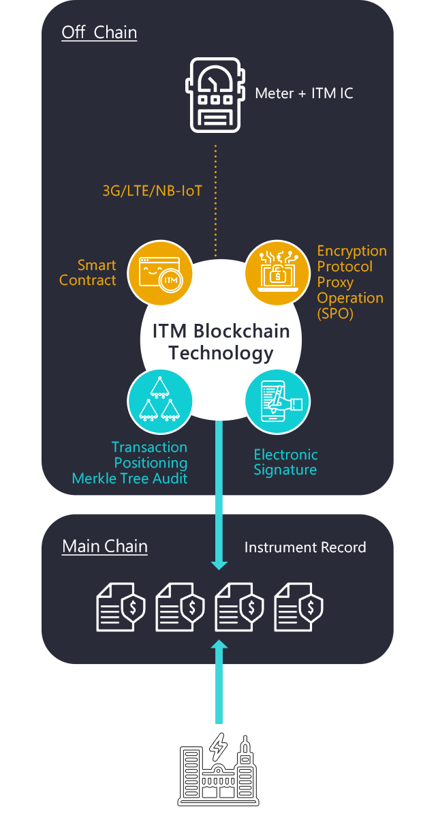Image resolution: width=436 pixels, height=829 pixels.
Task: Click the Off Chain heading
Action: tap(99, 33)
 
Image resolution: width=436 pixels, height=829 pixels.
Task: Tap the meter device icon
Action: tap(215, 95)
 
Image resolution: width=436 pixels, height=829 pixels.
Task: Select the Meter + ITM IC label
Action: tap(304, 93)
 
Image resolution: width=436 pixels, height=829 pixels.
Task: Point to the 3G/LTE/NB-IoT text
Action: tap(152, 191)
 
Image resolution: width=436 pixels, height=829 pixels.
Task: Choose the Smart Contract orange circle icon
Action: tap(159, 273)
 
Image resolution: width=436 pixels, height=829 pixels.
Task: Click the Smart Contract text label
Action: tap(88, 273)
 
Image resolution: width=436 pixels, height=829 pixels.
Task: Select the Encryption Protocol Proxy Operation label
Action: tap(351, 282)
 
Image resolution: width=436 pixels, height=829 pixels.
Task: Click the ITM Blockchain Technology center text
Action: tap(221, 342)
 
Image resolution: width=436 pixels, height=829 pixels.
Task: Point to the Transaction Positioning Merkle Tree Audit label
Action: tap(130, 462)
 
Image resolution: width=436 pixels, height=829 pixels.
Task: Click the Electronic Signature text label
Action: tap(285, 462)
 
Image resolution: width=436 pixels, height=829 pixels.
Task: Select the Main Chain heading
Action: tap(105, 546)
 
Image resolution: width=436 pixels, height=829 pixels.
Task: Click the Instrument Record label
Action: tap(305, 547)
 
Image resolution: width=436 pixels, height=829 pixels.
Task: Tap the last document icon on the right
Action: tap(298, 606)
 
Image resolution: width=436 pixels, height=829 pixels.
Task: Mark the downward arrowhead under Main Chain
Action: tap(219, 564)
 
